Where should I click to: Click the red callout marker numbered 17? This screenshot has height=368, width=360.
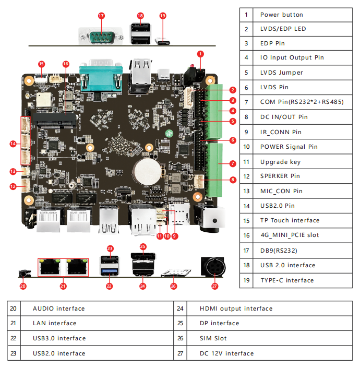click(x=101, y=16)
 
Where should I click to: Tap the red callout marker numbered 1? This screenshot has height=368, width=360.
click(x=201, y=54)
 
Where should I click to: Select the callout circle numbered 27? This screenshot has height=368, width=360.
click(x=214, y=286)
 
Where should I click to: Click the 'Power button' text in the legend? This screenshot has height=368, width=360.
click(x=281, y=15)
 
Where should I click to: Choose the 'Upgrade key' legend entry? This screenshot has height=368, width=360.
click(x=280, y=162)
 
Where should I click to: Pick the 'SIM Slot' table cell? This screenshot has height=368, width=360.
click(x=213, y=338)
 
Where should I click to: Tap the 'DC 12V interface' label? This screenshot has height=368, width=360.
click(x=226, y=353)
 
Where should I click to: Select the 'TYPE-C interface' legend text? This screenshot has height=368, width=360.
click(x=287, y=280)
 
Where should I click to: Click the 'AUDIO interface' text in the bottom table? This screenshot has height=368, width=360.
click(x=58, y=308)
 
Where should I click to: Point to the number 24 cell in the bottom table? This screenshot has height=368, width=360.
click(x=179, y=308)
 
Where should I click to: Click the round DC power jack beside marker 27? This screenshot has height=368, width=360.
click(x=214, y=268)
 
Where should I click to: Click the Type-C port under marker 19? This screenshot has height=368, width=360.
click(x=163, y=41)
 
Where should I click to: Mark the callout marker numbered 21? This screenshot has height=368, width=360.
click(x=63, y=286)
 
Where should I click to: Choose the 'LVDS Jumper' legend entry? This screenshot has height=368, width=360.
click(x=281, y=73)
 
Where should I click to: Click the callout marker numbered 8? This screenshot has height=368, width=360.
click(x=232, y=180)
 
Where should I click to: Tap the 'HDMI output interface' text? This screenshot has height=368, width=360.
click(x=236, y=308)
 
